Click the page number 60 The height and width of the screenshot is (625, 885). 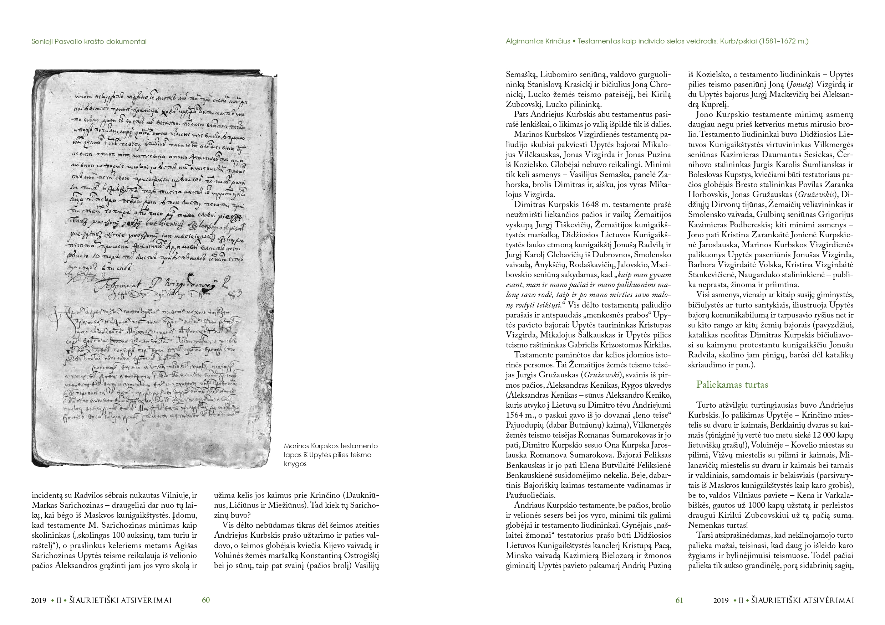[206, 600]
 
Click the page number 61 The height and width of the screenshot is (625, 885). [679, 600]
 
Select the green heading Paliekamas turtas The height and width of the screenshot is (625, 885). [732, 385]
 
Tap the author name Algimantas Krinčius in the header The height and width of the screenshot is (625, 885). [538, 41]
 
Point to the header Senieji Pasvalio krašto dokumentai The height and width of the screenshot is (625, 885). [89, 42]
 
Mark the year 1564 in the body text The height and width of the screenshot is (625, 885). [515, 415]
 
